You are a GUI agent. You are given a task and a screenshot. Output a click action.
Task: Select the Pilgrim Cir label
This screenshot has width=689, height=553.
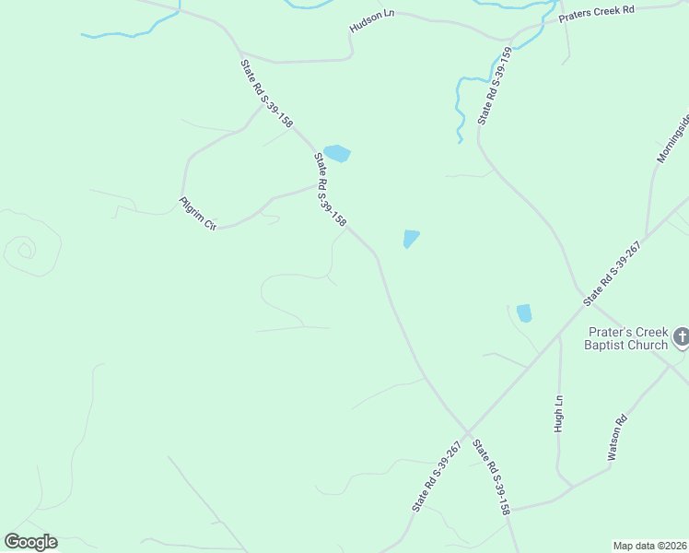197,213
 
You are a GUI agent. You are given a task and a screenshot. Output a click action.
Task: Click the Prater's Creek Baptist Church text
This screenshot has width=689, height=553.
626,338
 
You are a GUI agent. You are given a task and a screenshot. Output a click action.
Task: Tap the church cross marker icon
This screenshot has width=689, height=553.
681,337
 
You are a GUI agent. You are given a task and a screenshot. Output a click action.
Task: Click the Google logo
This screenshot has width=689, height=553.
30,541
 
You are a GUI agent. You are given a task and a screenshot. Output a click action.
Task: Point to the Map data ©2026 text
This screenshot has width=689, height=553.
649,545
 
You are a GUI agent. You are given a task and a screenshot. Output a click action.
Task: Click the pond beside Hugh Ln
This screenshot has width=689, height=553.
524,313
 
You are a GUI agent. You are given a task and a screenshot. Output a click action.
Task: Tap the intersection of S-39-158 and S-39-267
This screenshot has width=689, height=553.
467,432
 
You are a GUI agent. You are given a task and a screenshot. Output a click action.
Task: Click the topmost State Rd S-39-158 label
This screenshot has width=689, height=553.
267,94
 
